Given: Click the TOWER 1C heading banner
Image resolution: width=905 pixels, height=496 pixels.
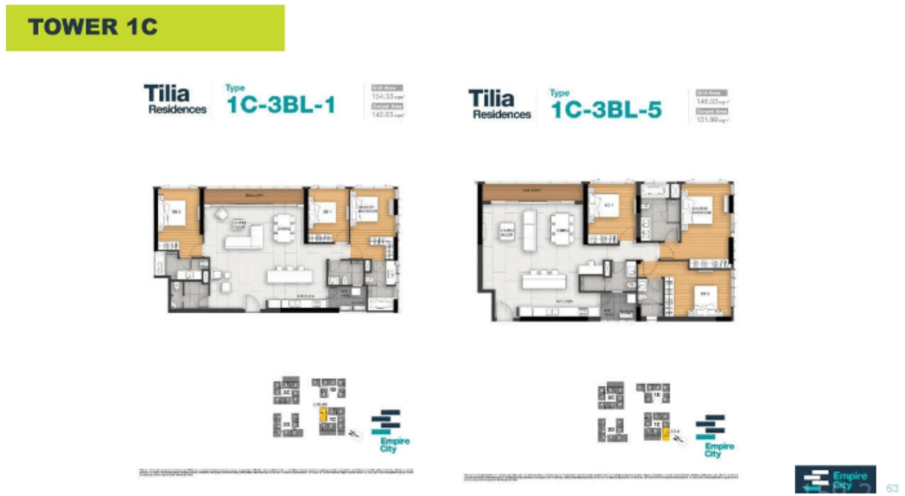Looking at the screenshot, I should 144,28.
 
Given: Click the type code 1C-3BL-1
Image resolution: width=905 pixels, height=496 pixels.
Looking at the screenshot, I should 280,106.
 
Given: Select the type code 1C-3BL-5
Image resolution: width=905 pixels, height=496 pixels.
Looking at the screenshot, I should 606,109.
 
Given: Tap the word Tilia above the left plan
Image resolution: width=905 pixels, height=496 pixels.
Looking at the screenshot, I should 167,93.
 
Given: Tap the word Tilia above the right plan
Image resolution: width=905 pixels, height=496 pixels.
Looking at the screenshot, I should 492,98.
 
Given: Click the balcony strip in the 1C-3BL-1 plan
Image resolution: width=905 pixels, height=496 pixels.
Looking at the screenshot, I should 254,197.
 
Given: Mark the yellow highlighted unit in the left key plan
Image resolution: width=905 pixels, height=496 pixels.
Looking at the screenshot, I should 322,415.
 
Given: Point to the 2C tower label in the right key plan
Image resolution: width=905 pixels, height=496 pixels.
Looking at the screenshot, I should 611,398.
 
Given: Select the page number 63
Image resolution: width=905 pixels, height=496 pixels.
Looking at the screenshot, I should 891,487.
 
